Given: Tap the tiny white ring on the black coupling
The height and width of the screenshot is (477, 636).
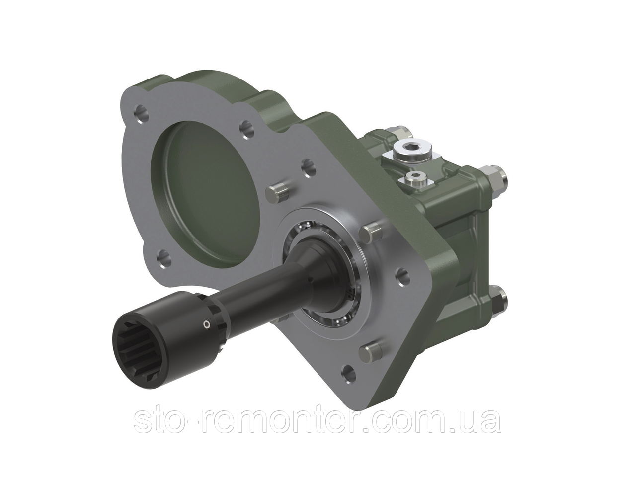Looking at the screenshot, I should click(206, 325).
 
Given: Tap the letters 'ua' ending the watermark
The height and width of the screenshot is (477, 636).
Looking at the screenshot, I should click(480, 421).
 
